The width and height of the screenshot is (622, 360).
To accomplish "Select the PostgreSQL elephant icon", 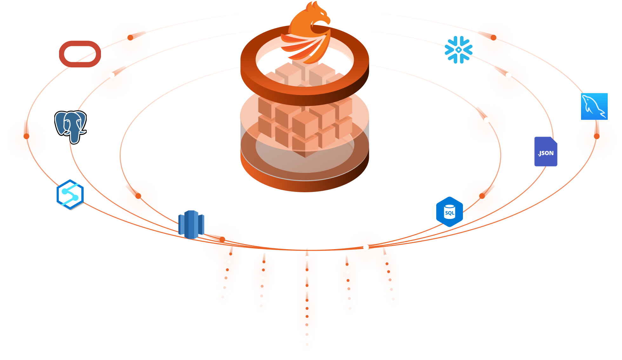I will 70,126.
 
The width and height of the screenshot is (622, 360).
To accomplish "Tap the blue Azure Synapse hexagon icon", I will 70,194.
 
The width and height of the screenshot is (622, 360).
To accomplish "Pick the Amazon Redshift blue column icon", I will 191,224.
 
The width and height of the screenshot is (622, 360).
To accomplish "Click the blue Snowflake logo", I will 458,50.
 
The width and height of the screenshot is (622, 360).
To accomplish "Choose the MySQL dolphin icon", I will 594,106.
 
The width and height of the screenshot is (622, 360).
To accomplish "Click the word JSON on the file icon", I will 546,153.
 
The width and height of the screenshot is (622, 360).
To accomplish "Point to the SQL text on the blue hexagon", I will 450,213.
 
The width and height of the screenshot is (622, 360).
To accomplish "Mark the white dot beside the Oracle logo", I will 112,75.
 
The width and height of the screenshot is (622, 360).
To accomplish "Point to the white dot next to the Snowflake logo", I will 508,75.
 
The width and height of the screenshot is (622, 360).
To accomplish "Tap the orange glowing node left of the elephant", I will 26,140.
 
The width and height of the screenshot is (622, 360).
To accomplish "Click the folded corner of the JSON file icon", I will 554,140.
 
